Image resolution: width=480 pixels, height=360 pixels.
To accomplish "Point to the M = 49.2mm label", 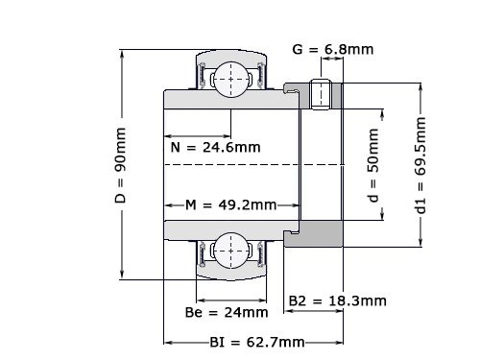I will (x=230, y=205).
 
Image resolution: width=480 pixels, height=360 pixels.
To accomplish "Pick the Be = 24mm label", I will (x=226, y=312).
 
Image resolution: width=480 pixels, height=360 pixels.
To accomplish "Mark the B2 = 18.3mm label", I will (x=338, y=300).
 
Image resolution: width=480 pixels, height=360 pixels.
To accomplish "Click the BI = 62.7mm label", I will (x=257, y=342).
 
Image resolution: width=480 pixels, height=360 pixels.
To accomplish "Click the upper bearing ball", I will (x=230, y=77).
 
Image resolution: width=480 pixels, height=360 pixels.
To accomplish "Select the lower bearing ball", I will (x=230, y=252).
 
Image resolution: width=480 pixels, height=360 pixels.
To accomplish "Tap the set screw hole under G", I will (x=324, y=94).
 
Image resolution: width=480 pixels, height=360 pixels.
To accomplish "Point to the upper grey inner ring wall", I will (x=230, y=100).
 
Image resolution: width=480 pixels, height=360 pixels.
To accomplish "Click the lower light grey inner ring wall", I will (x=230, y=228).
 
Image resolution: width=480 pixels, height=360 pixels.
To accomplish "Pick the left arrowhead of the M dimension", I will (x=167, y=205).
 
